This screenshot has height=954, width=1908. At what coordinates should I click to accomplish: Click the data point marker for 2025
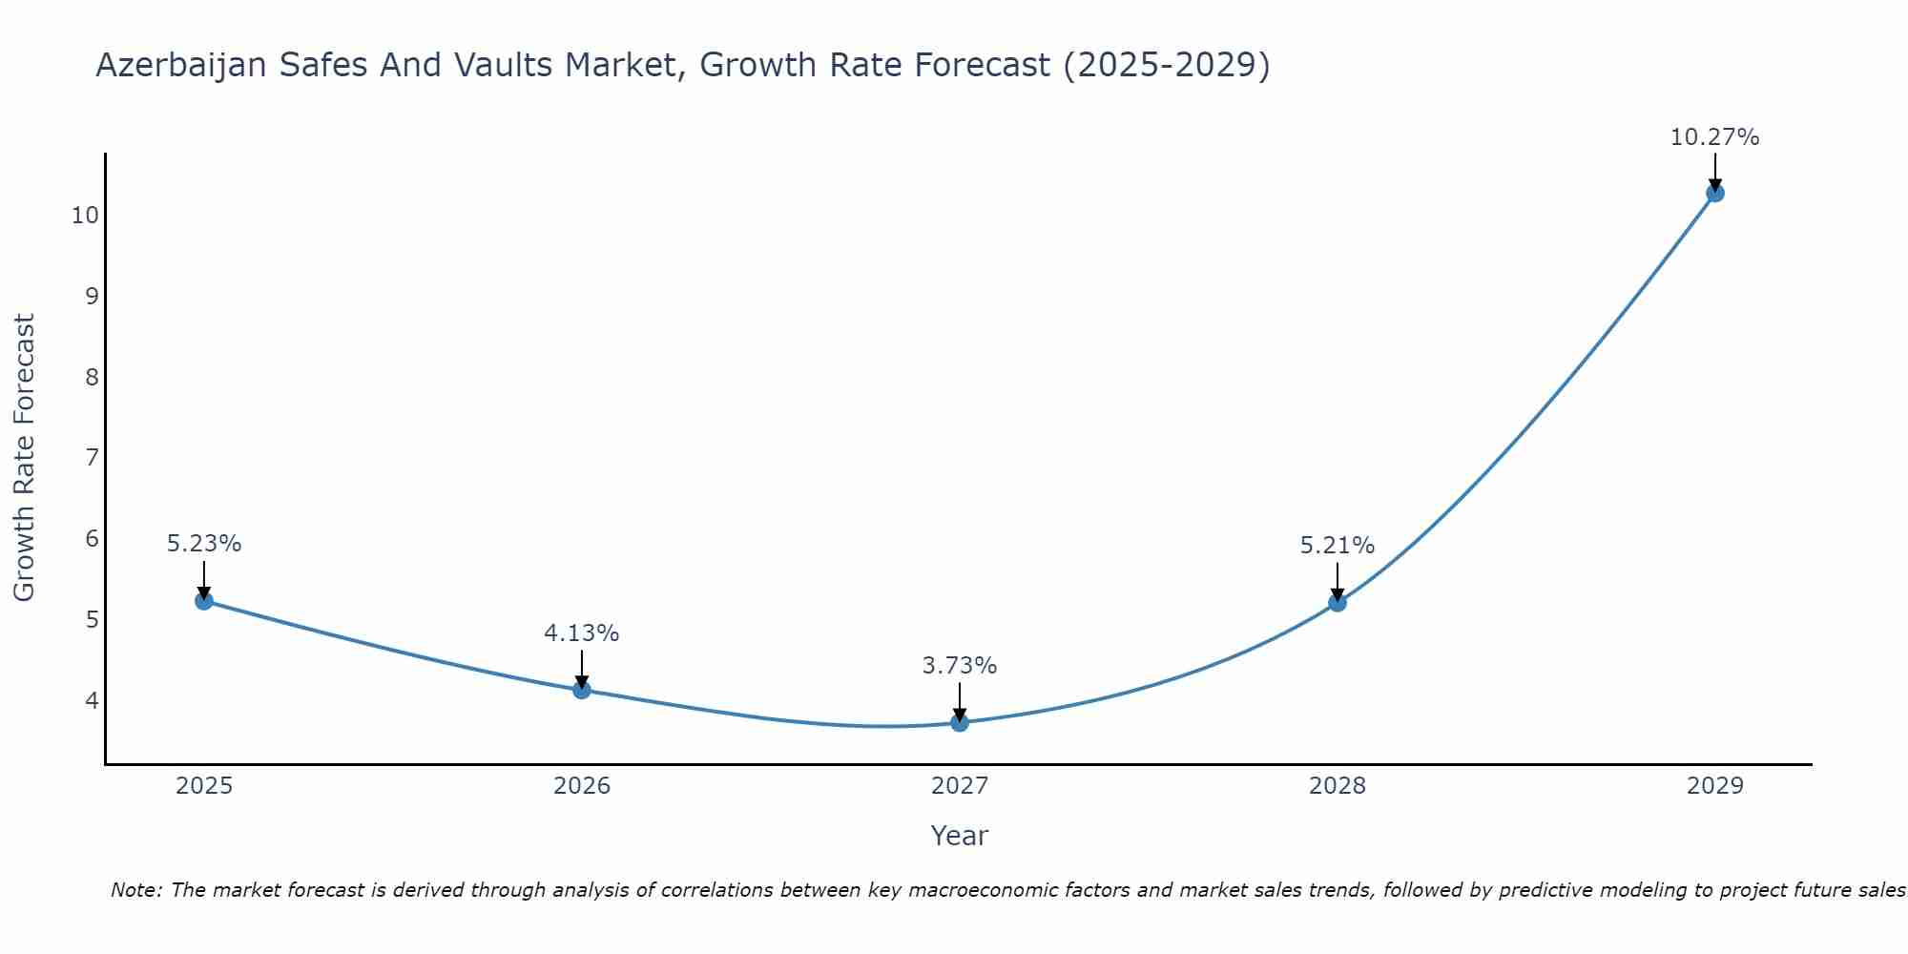[204, 601]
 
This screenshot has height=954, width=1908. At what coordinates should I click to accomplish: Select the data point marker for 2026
[582, 690]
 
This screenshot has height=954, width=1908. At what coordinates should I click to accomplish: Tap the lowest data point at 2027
[960, 722]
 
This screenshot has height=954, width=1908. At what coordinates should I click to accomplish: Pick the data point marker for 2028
[1338, 603]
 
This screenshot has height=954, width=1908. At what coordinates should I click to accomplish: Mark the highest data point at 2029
[1714, 193]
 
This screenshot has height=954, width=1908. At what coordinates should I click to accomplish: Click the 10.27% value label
[1714, 137]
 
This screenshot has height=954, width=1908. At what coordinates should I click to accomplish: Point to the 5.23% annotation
[204, 544]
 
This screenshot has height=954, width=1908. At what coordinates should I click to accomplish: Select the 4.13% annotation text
[582, 633]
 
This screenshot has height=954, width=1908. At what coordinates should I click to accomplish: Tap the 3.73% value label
[960, 666]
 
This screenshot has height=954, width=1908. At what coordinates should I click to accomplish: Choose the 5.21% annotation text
[1338, 546]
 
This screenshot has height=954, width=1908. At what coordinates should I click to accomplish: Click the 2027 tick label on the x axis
[960, 786]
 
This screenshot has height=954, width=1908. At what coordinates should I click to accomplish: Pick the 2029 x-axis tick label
[1714, 786]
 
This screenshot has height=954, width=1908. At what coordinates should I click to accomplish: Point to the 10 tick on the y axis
[85, 215]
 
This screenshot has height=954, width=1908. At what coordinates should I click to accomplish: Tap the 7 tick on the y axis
[92, 458]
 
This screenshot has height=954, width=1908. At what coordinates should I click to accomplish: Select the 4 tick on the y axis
[92, 700]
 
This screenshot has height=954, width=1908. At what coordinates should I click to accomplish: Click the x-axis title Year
[960, 836]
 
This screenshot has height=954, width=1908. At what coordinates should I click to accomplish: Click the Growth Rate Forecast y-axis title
[24, 458]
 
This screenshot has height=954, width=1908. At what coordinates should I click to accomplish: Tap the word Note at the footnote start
[135, 890]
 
